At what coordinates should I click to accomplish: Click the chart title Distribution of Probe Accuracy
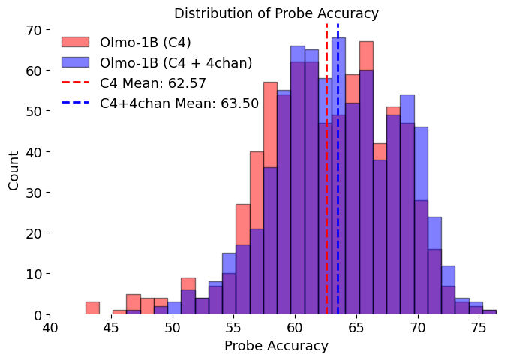point(276,13)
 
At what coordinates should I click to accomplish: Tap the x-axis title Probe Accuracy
point(276,346)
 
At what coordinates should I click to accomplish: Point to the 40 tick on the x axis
point(50,328)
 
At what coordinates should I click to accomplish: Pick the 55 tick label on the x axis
point(234,328)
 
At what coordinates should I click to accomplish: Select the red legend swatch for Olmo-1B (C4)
point(75,42)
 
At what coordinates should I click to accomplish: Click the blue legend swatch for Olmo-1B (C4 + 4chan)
point(75,62)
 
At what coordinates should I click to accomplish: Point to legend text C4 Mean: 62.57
point(153,83)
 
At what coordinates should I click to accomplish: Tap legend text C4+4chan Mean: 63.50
point(179,103)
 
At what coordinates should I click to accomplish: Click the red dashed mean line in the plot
point(326,225)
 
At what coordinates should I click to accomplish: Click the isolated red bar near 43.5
point(92,308)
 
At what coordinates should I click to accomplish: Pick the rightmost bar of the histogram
point(489,312)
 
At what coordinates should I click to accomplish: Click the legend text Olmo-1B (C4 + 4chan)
point(176,62)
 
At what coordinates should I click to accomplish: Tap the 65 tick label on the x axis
point(356,328)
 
